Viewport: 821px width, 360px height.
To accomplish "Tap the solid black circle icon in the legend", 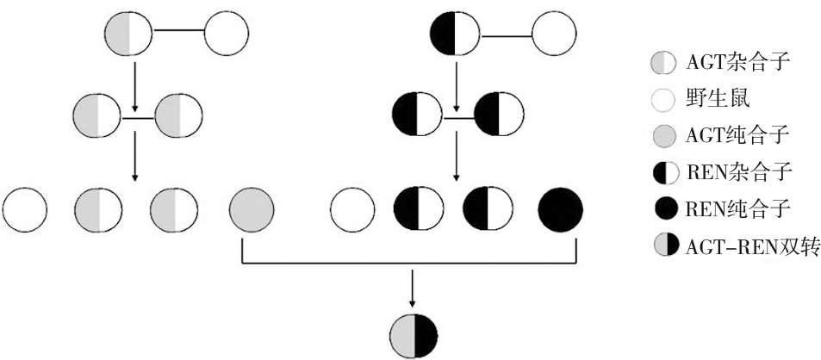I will (x=664, y=209).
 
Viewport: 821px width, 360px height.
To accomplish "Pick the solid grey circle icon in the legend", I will (x=664, y=136).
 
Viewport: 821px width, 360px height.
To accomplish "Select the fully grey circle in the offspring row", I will (x=252, y=209).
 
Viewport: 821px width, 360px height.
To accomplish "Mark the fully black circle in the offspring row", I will (x=560, y=209).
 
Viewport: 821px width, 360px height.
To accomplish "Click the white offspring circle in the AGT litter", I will (x=26, y=209).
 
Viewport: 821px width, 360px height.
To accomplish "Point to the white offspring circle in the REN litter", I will (x=353, y=209).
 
